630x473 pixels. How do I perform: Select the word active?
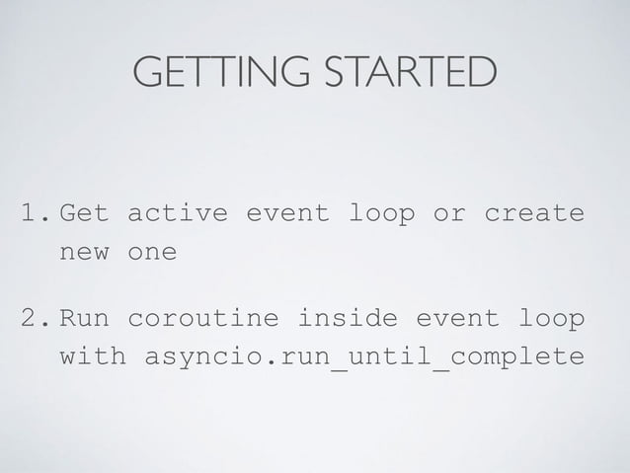pyautogui.click(x=179, y=213)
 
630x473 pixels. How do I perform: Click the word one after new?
pyautogui.click(x=151, y=252)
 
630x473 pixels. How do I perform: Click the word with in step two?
pyautogui.click(x=93, y=355)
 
